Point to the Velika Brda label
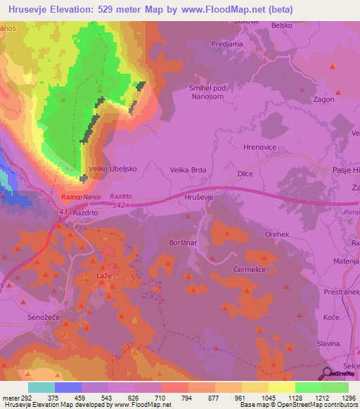[188, 169]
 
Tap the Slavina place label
[328, 342]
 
